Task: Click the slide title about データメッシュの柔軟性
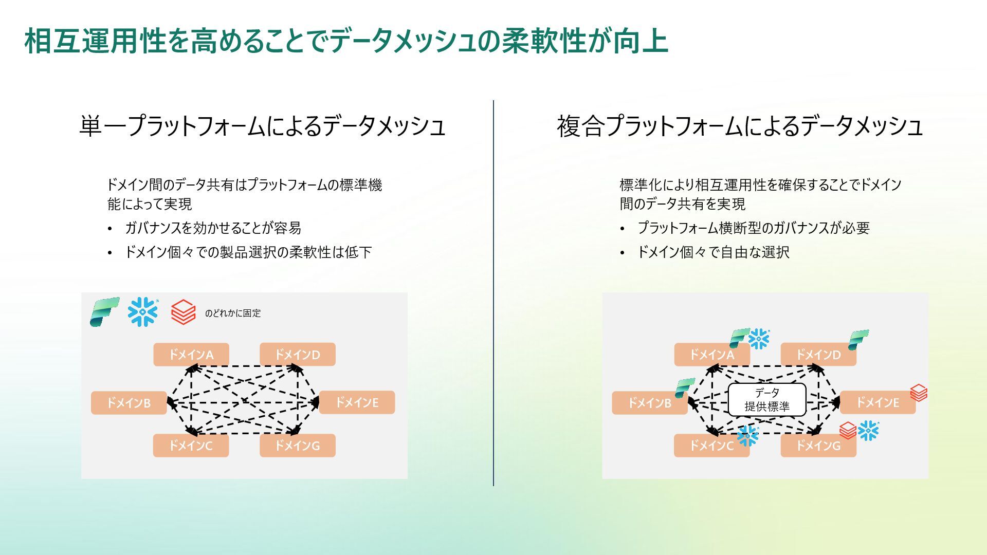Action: (x=346, y=41)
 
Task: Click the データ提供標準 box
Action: (x=766, y=400)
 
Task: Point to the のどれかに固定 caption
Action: (x=233, y=313)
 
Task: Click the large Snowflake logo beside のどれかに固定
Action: (x=143, y=312)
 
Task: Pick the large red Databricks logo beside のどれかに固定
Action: (x=183, y=312)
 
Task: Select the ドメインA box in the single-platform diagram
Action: (x=191, y=355)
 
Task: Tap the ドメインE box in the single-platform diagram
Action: (x=357, y=402)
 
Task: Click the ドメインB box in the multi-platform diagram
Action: (x=649, y=403)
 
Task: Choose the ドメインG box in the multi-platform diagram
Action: (x=818, y=446)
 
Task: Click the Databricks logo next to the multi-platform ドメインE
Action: (x=919, y=393)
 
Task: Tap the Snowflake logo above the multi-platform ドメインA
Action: (x=759, y=339)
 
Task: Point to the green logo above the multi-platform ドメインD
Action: (x=858, y=340)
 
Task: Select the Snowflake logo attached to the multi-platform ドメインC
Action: (x=747, y=436)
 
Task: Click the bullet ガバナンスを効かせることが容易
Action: (x=213, y=228)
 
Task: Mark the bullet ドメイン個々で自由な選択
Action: (x=713, y=252)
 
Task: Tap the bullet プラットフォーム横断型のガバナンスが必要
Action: (x=753, y=228)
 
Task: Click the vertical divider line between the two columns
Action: (x=493, y=293)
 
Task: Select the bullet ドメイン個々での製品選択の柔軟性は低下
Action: (x=248, y=252)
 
